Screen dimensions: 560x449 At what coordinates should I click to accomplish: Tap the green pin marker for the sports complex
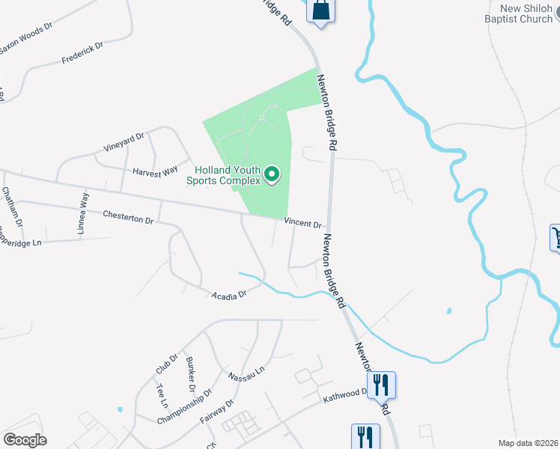pyautogui.click(x=272, y=176)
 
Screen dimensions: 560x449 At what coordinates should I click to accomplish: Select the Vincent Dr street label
pyautogui.click(x=302, y=224)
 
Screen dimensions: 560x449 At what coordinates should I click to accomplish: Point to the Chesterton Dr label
pyautogui.click(x=128, y=217)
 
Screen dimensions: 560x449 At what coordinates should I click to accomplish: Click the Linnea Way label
pyautogui.click(x=84, y=214)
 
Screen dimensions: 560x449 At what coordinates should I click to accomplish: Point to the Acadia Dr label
pyautogui.click(x=229, y=296)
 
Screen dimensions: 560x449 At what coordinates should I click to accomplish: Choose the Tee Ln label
pyautogui.click(x=162, y=394)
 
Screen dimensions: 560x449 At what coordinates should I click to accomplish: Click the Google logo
pyautogui.click(x=25, y=440)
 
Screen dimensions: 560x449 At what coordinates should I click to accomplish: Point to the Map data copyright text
pyautogui.click(x=528, y=443)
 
